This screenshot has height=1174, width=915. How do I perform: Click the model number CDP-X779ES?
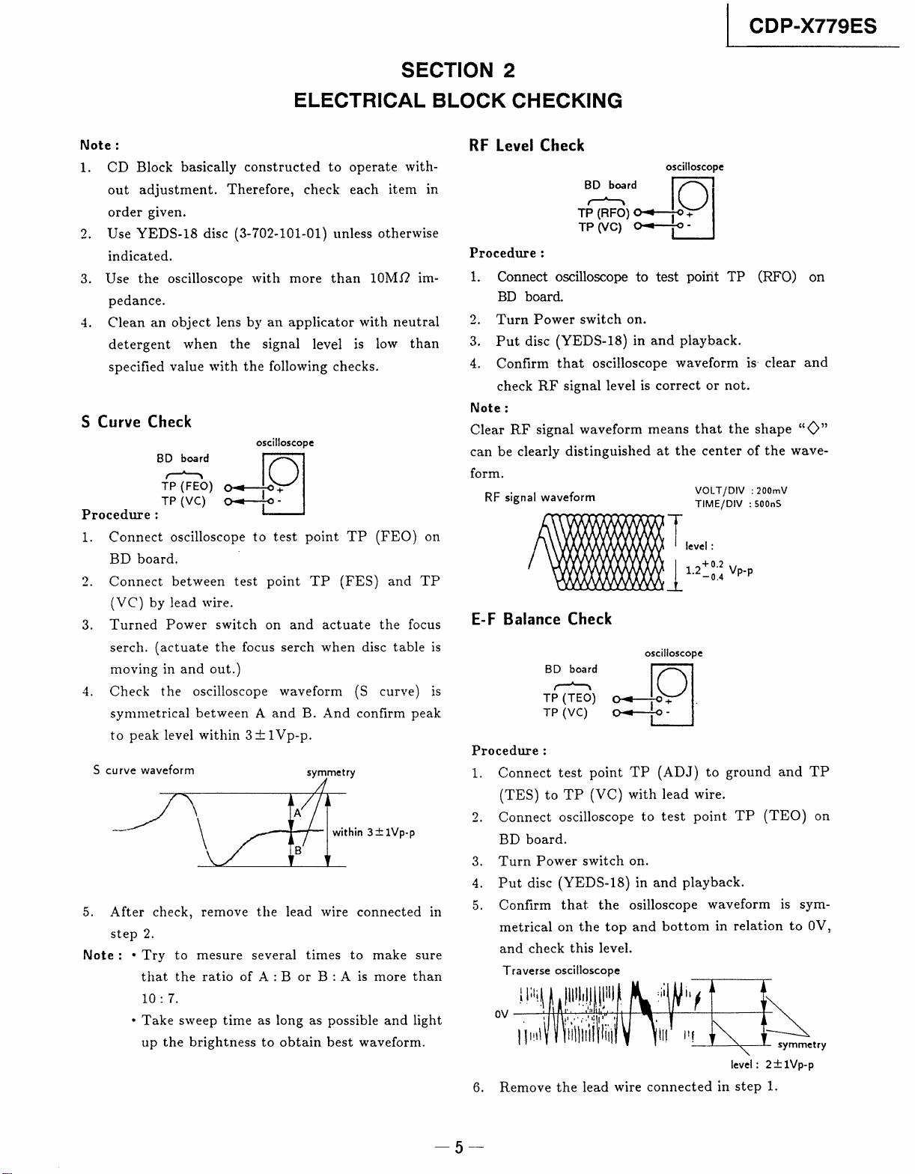(x=812, y=27)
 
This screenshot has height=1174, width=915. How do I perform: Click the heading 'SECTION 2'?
(x=458, y=70)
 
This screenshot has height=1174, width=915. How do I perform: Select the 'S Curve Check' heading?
(x=136, y=422)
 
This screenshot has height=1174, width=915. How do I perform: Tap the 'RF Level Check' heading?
(x=526, y=145)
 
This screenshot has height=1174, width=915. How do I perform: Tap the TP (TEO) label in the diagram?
(x=570, y=698)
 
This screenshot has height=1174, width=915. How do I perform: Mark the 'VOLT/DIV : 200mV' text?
(x=741, y=490)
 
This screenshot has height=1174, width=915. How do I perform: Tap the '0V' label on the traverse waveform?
(x=502, y=1014)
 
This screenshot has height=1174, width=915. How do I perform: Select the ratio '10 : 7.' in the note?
(x=158, y=998)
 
